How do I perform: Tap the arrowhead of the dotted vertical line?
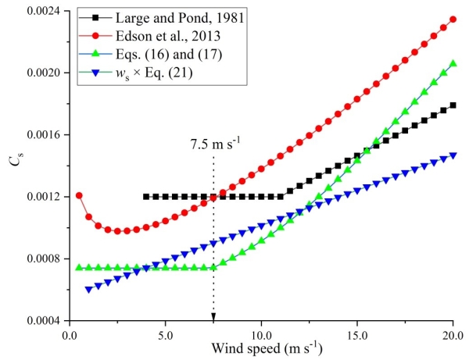pyautogui.click(x=213, y=316)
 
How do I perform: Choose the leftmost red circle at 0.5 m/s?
pyautogui.click(x=79, y=195)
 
